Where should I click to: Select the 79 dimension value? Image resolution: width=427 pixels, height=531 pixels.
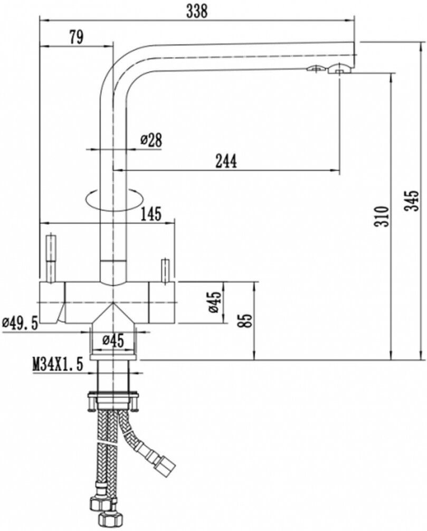click(x=75, y=36)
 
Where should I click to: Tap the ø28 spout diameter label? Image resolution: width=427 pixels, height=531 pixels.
click(x=151, y=140)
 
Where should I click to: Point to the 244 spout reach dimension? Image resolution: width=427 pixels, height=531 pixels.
click(x=225, y=161)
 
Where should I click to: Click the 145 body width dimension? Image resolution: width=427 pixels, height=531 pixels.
click(x=151, y=214)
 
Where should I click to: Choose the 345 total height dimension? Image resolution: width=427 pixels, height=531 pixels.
click(x=413, y=200)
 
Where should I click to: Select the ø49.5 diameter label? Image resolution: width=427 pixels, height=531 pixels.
click(x=20, y=323)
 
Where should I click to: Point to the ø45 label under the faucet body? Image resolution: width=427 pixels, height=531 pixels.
click(x=113, y=340)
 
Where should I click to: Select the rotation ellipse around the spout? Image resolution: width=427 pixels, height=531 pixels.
click(x=113, y=199)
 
